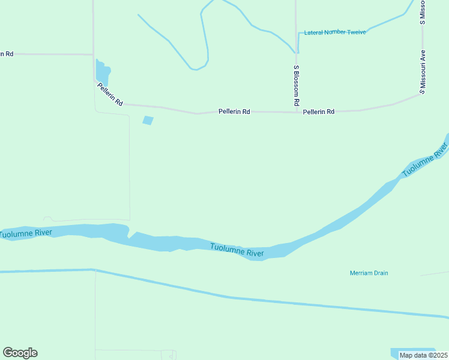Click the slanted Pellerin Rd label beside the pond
110,95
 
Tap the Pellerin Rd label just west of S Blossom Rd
234,111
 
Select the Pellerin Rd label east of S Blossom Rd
319,112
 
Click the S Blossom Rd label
296,86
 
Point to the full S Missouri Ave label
423,71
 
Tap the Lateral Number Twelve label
335,32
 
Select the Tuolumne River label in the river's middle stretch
237,250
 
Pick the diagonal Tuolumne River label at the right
426,160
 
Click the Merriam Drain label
369,273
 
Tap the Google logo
20,353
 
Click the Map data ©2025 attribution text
424,355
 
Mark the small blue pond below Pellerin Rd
148,121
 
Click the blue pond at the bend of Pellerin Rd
102,71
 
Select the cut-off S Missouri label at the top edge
423,12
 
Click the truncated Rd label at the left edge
7,53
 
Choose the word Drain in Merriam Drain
379,273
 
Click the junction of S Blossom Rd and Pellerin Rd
297,112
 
